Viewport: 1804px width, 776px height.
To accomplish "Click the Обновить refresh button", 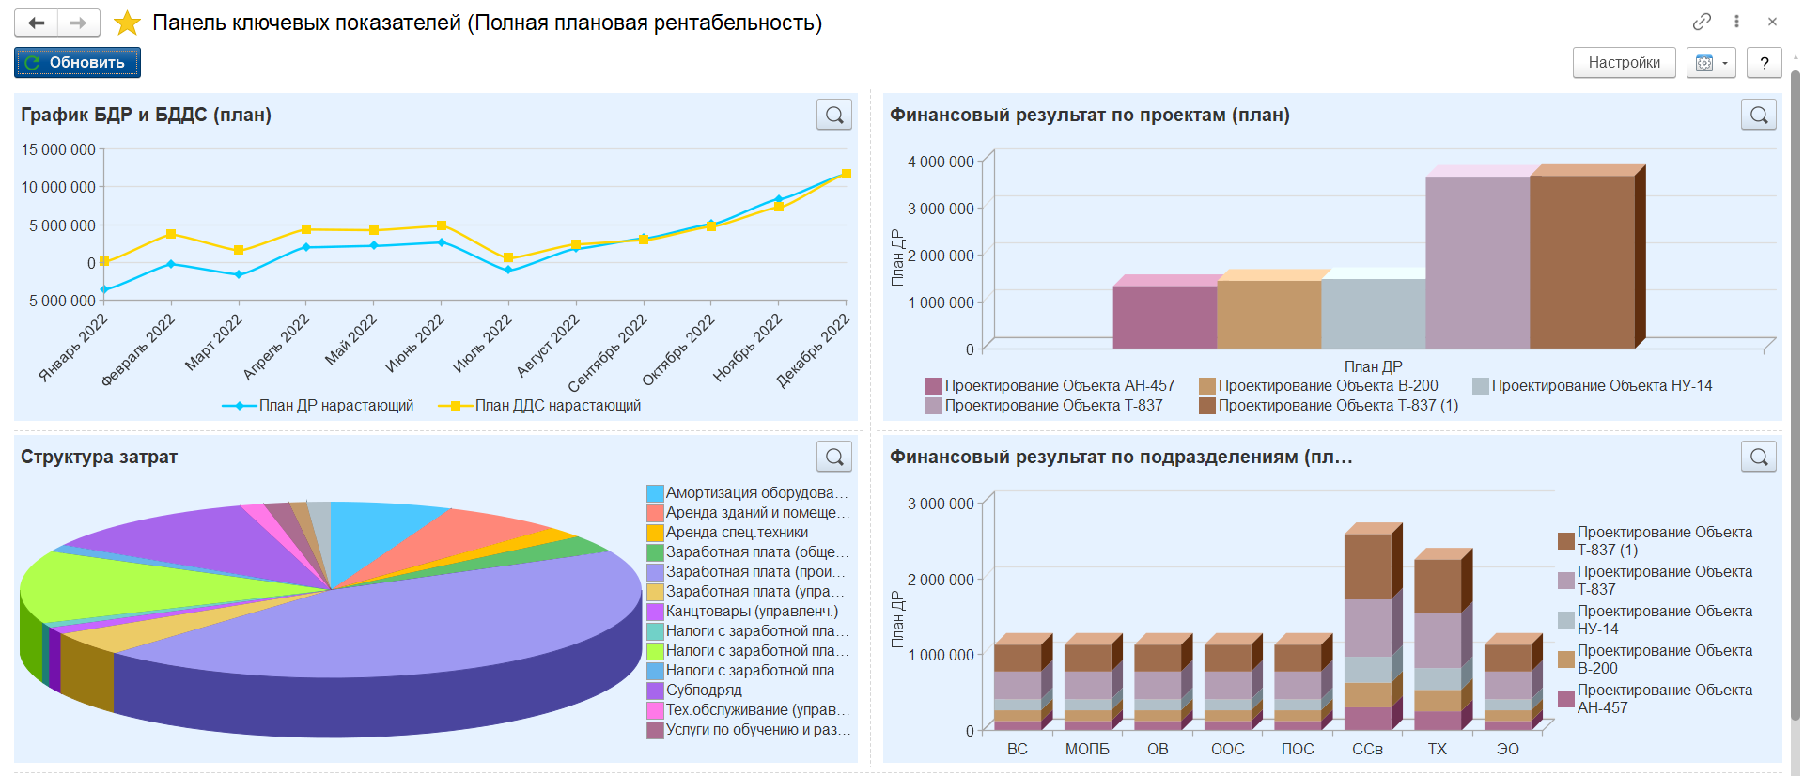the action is [77, 63].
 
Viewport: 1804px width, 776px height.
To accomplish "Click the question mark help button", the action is [1765, 63].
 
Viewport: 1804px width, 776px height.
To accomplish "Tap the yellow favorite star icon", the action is [127, 23].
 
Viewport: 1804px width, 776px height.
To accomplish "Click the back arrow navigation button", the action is [37, 23].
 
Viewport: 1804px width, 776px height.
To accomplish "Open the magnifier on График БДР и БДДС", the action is [834, 115].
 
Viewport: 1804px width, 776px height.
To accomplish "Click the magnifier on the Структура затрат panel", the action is [834, 457].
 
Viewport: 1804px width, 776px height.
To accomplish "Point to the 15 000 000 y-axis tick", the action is [58, 149].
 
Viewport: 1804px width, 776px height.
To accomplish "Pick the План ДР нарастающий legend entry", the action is [319, 406].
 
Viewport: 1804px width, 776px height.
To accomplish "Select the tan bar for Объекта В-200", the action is [1269, 314].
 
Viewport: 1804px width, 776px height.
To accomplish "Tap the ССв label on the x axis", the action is [1367, 749].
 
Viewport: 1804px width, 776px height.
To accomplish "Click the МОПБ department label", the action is [1087, 749].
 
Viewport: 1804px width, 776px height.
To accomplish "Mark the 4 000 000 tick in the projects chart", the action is [941, 162].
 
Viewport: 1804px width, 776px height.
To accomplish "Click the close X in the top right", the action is [1772, 22].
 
